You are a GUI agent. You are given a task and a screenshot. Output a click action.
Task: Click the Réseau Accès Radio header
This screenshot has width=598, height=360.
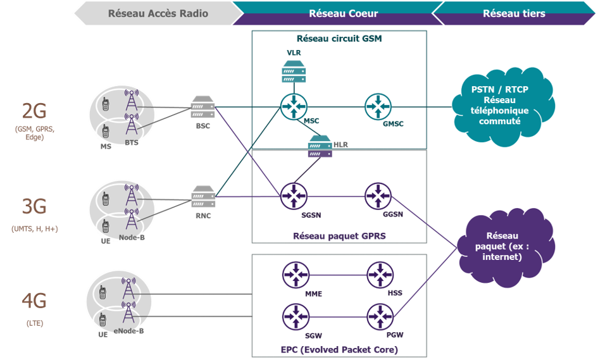tap(158, 13)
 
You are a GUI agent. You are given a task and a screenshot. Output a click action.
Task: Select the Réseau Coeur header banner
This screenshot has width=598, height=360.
tap(343, 13)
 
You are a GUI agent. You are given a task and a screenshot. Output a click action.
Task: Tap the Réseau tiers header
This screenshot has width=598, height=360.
tap(513, 13)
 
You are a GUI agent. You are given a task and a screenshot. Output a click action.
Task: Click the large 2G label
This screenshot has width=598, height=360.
tap(34, 111)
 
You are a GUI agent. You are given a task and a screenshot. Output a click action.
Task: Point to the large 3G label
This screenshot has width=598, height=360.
tap(34, 207)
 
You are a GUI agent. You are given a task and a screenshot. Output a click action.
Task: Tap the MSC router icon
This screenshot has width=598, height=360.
tap(294, 106)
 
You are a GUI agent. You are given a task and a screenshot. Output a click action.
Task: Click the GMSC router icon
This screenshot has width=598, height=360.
tap(378, 106)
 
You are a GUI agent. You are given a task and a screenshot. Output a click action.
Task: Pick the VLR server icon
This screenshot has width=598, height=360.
tap(294, 71)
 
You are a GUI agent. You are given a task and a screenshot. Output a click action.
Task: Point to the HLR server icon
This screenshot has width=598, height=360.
tap(320, 146)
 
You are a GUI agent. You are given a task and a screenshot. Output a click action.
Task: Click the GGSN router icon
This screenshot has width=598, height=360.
tap(378, 196)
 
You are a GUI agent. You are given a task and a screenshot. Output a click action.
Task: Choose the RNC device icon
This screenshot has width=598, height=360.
tap(203, 196)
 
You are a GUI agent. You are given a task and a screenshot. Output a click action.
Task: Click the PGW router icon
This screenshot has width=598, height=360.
tap(379, 316)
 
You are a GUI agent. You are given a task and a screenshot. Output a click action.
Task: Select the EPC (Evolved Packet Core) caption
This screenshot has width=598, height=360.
tap(339, 349)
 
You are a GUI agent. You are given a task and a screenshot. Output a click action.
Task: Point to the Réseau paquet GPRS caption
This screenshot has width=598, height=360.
tap(339, 236)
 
